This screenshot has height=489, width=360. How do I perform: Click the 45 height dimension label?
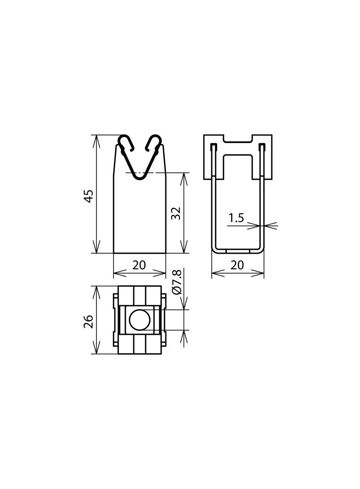pyautogui.click(x=90, y=195)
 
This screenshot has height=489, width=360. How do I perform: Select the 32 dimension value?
pyautogui.click(x=176, y=213)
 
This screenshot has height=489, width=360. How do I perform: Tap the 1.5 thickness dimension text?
pyautogui.click(x=236, y=218)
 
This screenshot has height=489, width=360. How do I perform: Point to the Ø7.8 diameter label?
pyautogui.click(x=177, y=282)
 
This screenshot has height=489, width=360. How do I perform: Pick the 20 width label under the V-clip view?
pyautogui.click(x=139, y=265)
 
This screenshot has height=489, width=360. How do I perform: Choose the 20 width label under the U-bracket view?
pyautogui.click(x=237, y=265)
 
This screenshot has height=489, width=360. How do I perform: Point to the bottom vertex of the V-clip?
pyautogui.click(x=140, y=176)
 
